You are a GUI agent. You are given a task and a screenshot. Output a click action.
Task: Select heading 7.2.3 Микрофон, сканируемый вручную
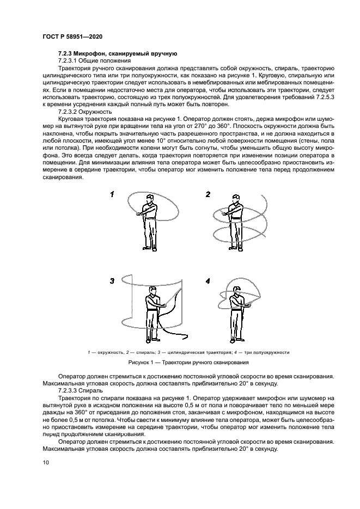point(117,54)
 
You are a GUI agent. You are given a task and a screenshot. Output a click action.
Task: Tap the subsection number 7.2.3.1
point(70,60)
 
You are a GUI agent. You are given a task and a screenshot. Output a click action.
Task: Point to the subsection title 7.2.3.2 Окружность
point(88,111)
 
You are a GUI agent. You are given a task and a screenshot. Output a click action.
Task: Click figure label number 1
point(112,194)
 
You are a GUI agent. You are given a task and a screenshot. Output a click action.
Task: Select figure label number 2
point(208,194)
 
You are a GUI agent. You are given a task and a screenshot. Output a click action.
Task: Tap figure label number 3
point(112,281)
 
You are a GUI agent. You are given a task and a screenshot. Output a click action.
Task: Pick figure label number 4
point(208,281)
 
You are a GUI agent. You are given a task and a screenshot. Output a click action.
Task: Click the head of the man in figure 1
point(148,197)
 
